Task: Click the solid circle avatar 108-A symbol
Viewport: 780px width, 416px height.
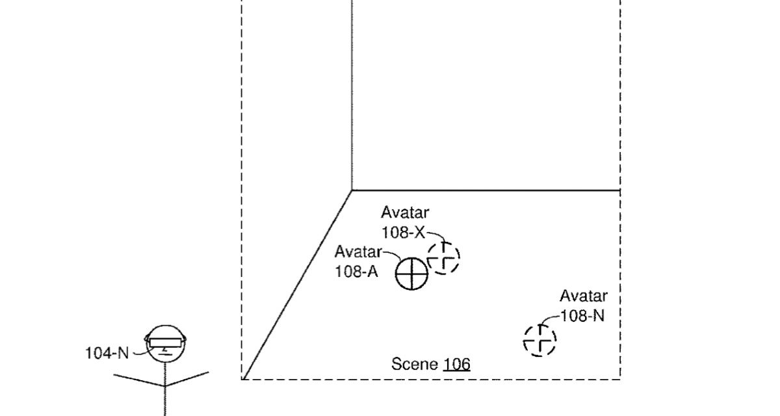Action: tap(411, 273)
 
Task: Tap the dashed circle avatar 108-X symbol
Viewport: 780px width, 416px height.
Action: tap(443, 257)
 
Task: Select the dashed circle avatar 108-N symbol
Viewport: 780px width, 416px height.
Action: tap(539, 340)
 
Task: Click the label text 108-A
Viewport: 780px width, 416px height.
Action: tap(356, 272)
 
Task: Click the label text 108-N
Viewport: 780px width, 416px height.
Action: tap(582, 317)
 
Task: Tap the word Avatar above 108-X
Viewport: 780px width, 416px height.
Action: tap(405, 213)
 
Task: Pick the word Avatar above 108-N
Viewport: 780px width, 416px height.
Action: tap(584, 296)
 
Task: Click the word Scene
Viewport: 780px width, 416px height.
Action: tap(415, 363)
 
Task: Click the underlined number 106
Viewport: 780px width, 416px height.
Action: tap(456, 364)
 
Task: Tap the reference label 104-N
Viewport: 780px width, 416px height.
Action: tap(107, 353)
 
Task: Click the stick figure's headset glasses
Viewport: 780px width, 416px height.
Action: tap(166, 341)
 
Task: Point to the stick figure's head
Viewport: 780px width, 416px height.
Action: tap(165, 351)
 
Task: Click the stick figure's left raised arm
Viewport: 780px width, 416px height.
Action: tap(138, 380)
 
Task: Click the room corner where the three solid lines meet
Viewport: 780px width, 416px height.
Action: tap(352, 190)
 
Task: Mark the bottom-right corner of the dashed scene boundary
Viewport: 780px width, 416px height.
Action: tap(620, 378)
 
